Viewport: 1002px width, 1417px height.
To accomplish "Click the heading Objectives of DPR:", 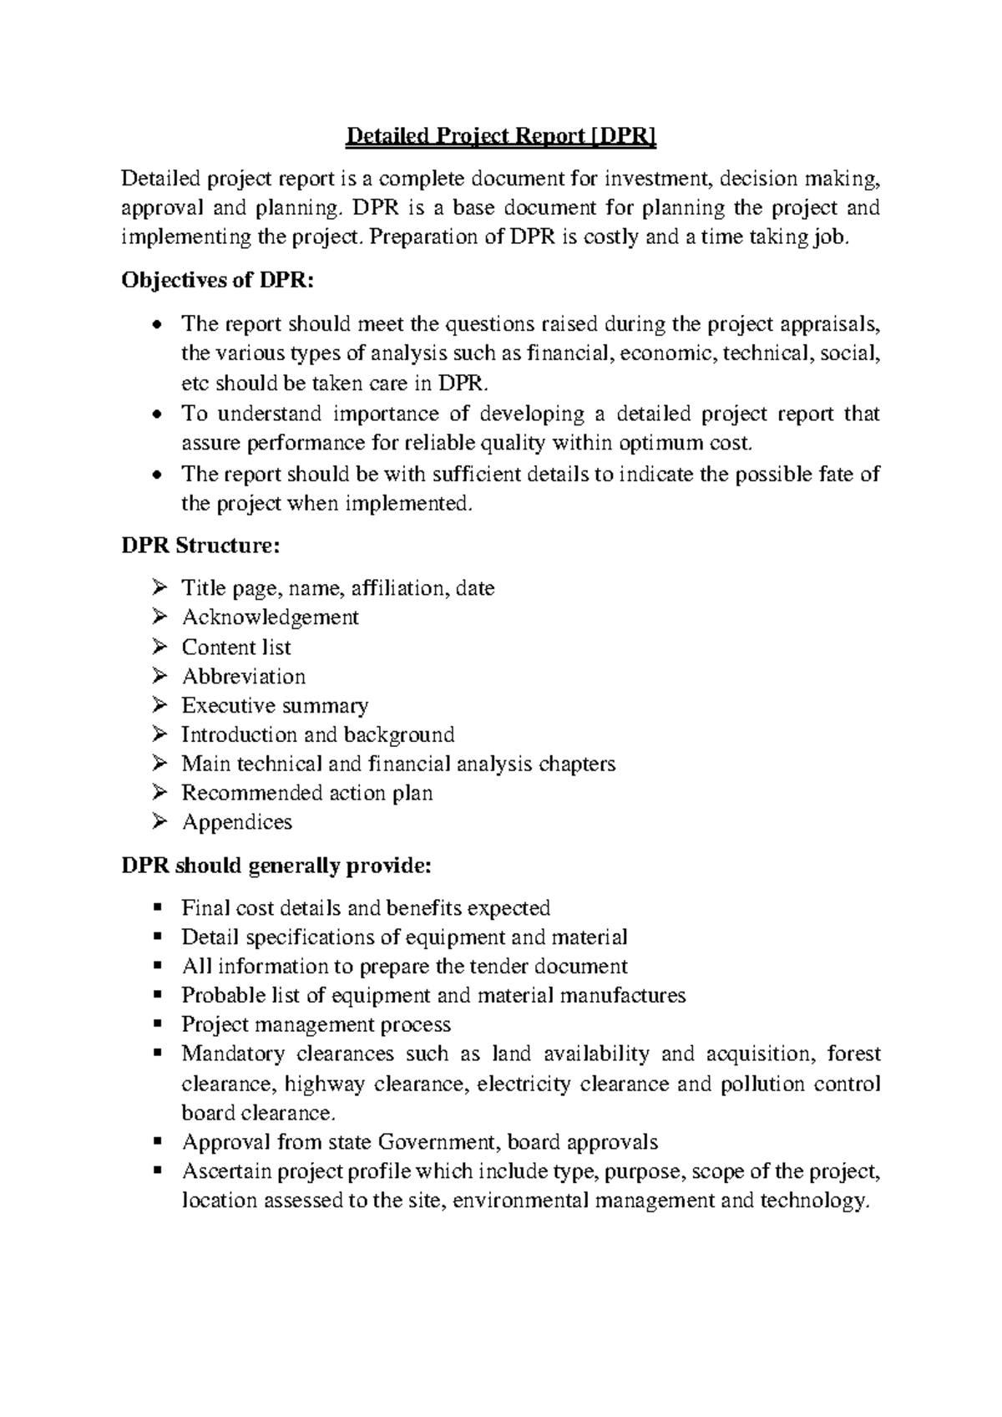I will pos(218,281).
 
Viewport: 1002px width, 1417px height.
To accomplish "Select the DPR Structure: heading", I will pos(200,546).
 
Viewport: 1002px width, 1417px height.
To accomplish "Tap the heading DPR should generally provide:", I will pos(276,866).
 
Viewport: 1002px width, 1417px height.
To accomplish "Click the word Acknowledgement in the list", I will pos(270,617).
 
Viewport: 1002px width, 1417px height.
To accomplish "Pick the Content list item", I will pos(236,648).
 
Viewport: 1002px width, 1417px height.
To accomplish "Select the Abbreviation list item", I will pos(244,677).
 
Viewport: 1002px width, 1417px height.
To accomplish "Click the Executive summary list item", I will pos(275,706).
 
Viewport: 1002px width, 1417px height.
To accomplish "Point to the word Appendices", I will pos(237,822).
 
